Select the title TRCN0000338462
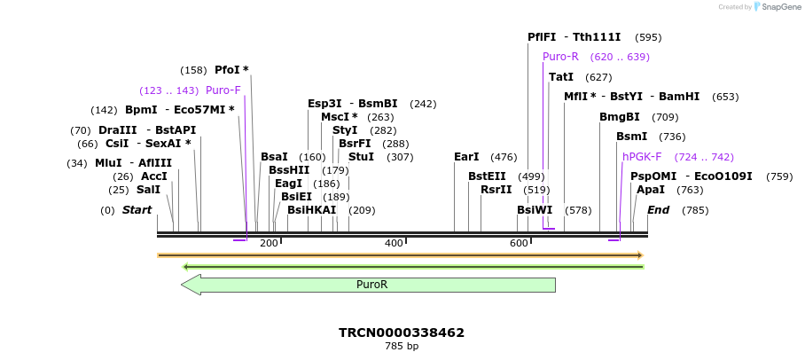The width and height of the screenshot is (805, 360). click(x=401, y=333)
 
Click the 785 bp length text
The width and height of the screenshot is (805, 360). click(x=401, y=346)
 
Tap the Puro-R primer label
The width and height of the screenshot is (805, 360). click(x=560, y=56)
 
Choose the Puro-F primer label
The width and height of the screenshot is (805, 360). click(x=223, y=90)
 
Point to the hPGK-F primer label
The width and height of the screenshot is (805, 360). click(x=642, y=157)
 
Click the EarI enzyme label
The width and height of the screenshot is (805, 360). click(x=466, y=157)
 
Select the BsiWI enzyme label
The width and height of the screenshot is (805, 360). click(x=535, y=210)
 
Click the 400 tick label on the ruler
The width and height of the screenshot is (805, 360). click(x=394, y=243)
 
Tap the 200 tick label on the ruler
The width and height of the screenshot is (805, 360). click(x=269, y=243)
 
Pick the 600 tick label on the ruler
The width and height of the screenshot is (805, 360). click(x=519, y=243)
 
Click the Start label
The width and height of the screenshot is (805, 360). click(x=137, y=210)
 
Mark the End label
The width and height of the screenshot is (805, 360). click(x=658, y=210)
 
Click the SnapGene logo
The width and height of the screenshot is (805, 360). click(x=771, y=7)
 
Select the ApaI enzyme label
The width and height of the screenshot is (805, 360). click(x=650, y=190)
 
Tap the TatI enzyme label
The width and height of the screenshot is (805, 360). click(x=561, y=77)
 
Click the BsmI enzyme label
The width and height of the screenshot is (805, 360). click(x=631, y=137)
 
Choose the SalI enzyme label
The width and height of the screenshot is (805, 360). click(x=148, y=190)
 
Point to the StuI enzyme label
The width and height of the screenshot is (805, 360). click(x=361, y=157)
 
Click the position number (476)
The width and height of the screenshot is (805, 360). click(x=504, y=157)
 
